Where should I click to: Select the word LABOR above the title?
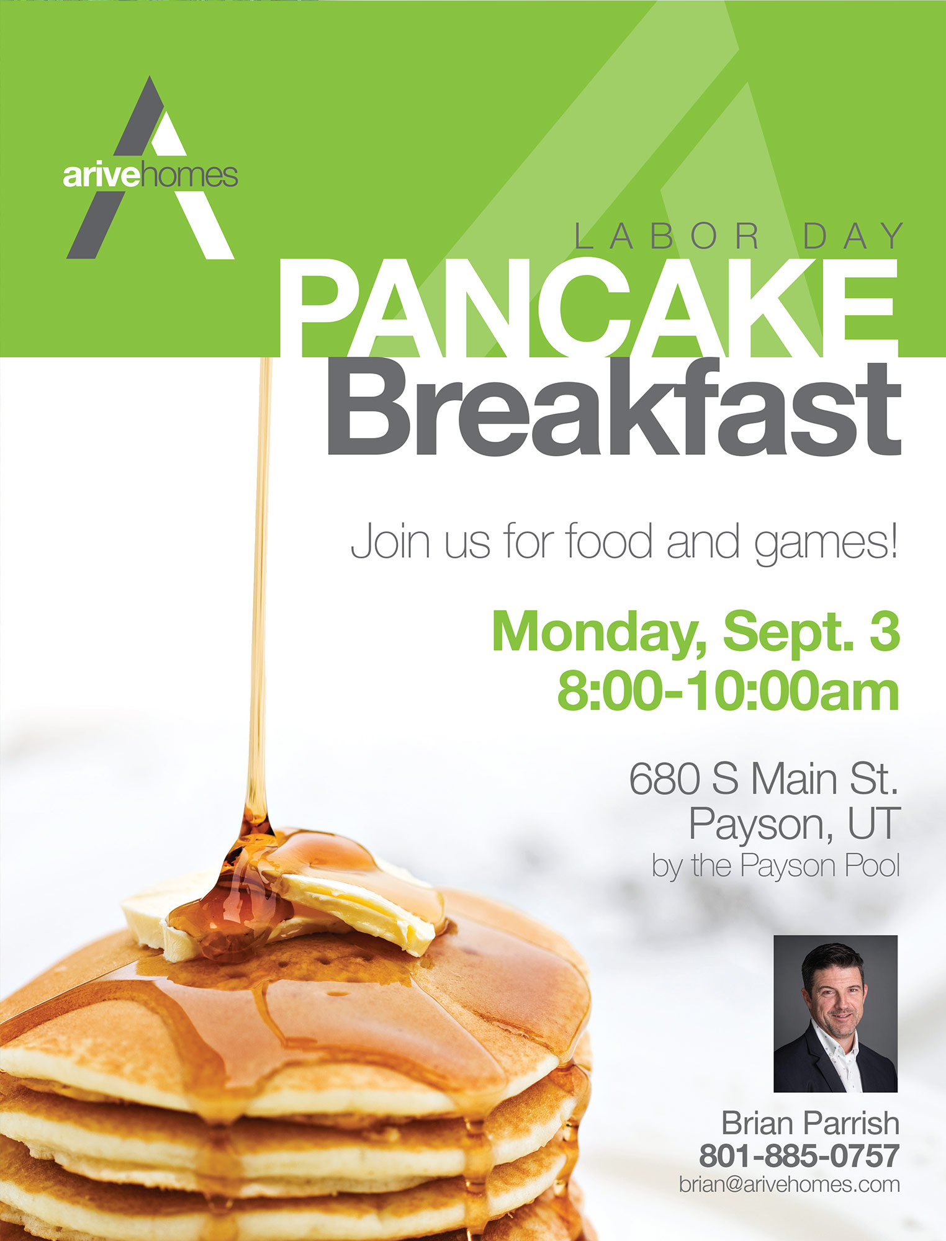667,236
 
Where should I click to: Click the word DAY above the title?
854,236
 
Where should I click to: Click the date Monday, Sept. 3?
696,631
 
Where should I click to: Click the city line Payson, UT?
794,824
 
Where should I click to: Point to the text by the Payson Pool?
775,866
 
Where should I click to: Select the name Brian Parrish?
810,1123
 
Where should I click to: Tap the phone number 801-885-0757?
800,1155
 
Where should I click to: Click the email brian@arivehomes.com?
790,1184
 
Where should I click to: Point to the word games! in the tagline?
826,542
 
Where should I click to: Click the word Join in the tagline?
390,541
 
